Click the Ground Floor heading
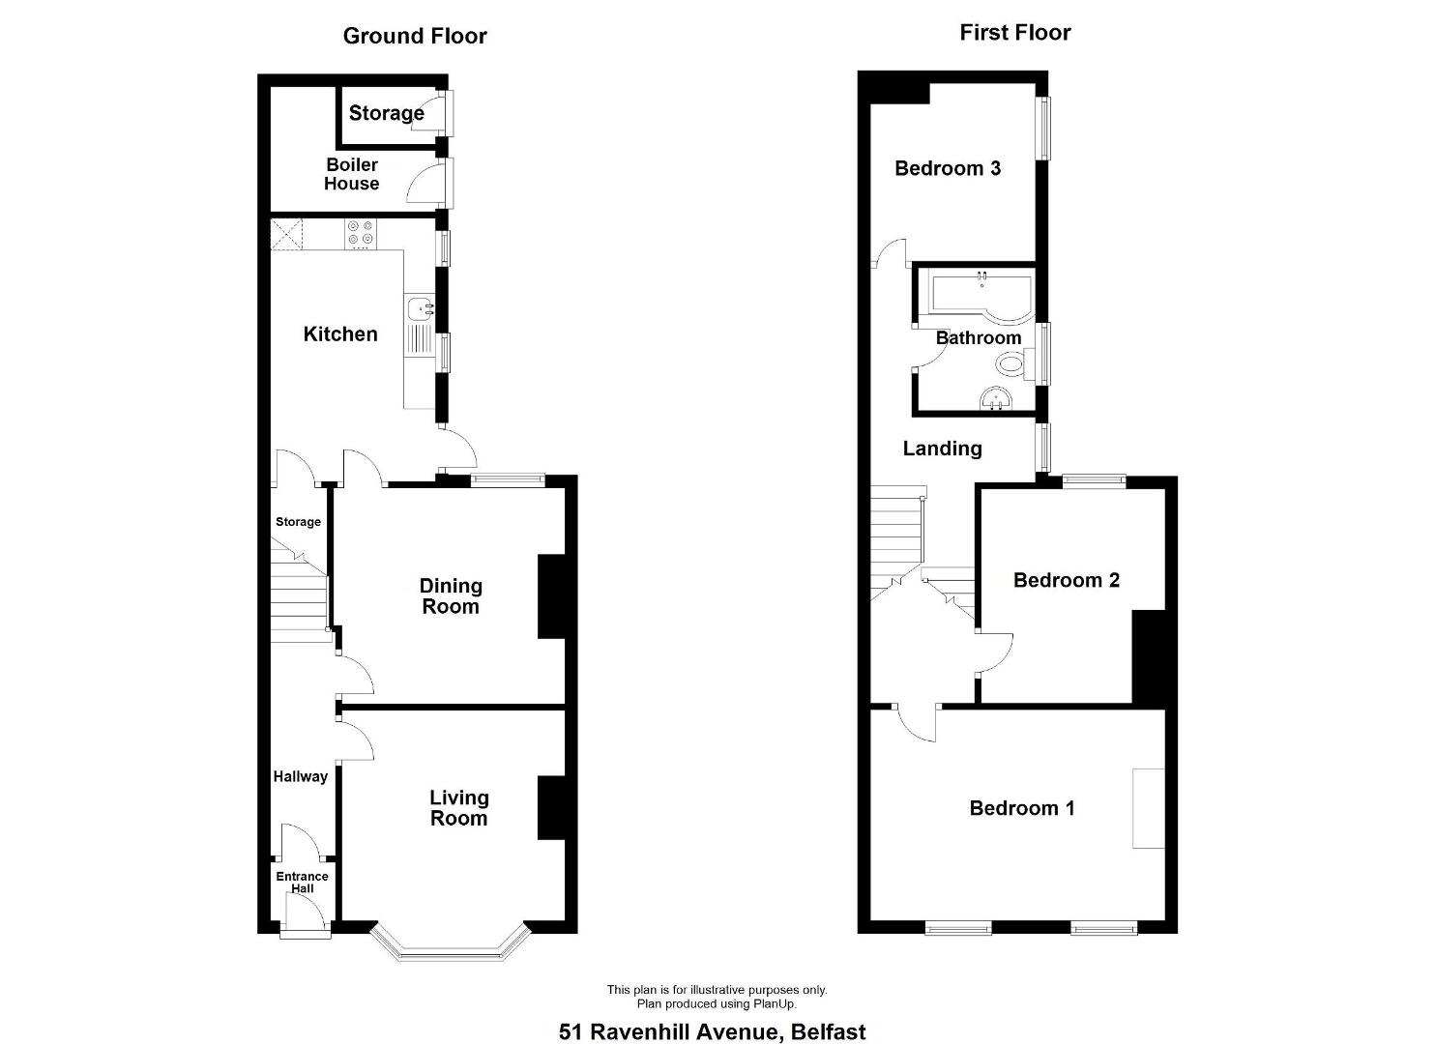pos(415,36)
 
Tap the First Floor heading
pos(1014,33)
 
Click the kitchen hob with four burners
pos(361,234)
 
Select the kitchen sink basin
pos(420,308)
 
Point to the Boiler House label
pos(352,174)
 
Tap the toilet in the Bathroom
pos(1015,365)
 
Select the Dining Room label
pos(451,596)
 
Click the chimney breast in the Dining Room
pos(551,597)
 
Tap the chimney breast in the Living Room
pos(551,808)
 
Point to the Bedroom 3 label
pos(948,168)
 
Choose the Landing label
pos(943,449)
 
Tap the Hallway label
pos(301,777)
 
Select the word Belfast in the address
pos(829,1032)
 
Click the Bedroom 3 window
pos(1044,129)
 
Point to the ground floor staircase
pos(300,591)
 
